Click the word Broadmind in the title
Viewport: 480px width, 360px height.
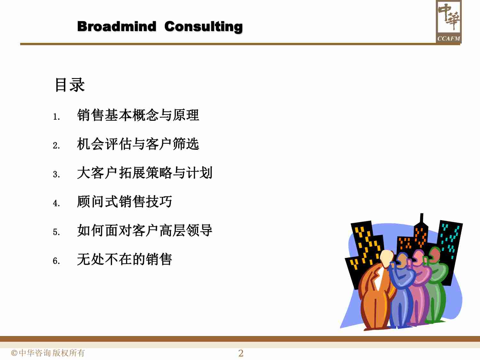click(x=116, y=26)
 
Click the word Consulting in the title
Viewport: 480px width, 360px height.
click(x=204, y=27)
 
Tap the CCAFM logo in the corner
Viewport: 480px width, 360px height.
click(x=448, y=22)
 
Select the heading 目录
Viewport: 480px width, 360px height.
click(x=70, y=85)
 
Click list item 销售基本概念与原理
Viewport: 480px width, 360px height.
click(x=138, y=115)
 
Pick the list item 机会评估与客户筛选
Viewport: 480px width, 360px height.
click(x=138, y=144)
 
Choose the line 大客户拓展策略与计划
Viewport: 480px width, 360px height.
click(x=145, y=173)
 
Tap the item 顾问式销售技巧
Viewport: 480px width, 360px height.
click(x=124, y=202)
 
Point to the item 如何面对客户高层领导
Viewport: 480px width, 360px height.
click(x=145, y=230)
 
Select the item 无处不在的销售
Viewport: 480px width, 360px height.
click(x=124, y=259)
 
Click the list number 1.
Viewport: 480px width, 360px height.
click(x=56, y=117)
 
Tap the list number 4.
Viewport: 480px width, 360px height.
click(x=56, y=203)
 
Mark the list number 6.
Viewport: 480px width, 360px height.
click(x=56, y=261)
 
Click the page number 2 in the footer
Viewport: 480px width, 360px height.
click(x=241, y=353)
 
